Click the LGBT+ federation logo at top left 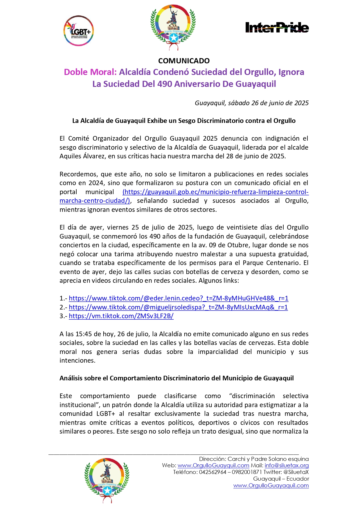pyautogui.click(x=78, y=31)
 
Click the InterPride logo pyautogui.click(x=277, y=28)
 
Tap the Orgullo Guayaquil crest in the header pyautogui.click(x=173, y=27)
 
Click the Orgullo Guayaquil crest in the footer pyautogui.click(x=107, y=480)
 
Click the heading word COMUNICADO pyautogui.click(x=184, y=61)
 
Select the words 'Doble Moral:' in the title pyautogui.click(x=90, y=72)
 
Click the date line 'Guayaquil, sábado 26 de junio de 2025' pyautogui.click(x=251, y=103)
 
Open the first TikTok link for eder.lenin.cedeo pyautogui.click(x=179, y=298)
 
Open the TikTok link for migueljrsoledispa pyautogui.click(x=178, y=307)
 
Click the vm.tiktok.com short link pyautogui.click(x=121, y=316)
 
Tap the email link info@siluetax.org pyautogui.click(x=287, y=466)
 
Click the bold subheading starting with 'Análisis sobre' pyautogui.click(x=177, y=378)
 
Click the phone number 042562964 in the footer pyautogui.click(x=213, y=472)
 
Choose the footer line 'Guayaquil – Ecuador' pyautogui.click(x=281, y=479)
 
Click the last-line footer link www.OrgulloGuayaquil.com pyautogui.click(x=271, y=486)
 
